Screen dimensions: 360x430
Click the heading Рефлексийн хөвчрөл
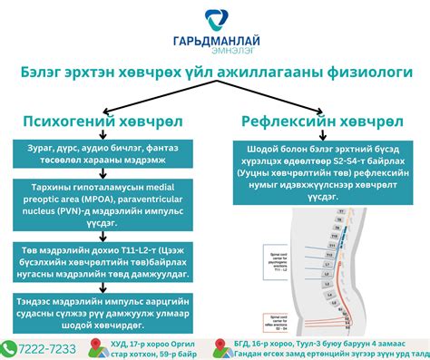pos(321,122)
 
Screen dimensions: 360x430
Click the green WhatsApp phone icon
pos(9,347)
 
